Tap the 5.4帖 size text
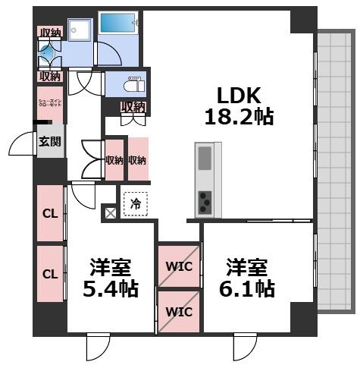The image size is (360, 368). coord(110,288)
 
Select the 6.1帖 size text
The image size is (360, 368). coord(249,288)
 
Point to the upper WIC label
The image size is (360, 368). coord(179,266)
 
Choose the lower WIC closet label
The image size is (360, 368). coord(179,312)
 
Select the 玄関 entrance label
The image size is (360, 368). coord(50,142)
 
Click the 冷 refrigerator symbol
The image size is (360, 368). coord(135,203)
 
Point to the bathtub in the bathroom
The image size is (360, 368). coord(118,25)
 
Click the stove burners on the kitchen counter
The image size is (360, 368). coord(205,201)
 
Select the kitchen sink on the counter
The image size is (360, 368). coord(205,159)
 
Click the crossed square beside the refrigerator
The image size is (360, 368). coord(111,212)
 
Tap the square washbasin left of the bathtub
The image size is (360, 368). coord(78,30)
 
